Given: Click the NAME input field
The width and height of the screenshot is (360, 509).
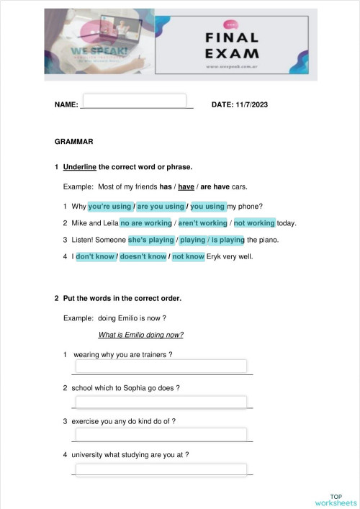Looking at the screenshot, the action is click(x=135, y=100).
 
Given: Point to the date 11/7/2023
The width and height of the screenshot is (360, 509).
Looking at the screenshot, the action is click(x=249, y=105).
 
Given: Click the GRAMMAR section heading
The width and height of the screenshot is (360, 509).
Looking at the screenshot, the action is click(x=73, y=142).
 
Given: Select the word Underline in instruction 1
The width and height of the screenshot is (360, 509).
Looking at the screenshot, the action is click(x=80, y=167).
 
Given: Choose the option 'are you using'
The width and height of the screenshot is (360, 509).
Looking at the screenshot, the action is click(x=161, y=206).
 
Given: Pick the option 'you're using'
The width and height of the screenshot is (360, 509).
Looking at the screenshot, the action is click(x=109, y=206).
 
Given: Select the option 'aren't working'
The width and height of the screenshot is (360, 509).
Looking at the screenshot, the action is click(x=202, y=223).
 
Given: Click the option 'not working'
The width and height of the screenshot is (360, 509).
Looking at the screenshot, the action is click(x=254, y=223).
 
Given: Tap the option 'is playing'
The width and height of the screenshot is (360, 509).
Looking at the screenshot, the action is click(x=227, y=240).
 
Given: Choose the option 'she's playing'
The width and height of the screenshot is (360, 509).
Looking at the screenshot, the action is click(x=151, y=240).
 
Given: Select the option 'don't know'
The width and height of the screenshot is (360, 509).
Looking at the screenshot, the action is click(x=95, y=256).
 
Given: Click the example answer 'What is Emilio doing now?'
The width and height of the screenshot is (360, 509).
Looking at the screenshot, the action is click(x=140, y=335).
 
